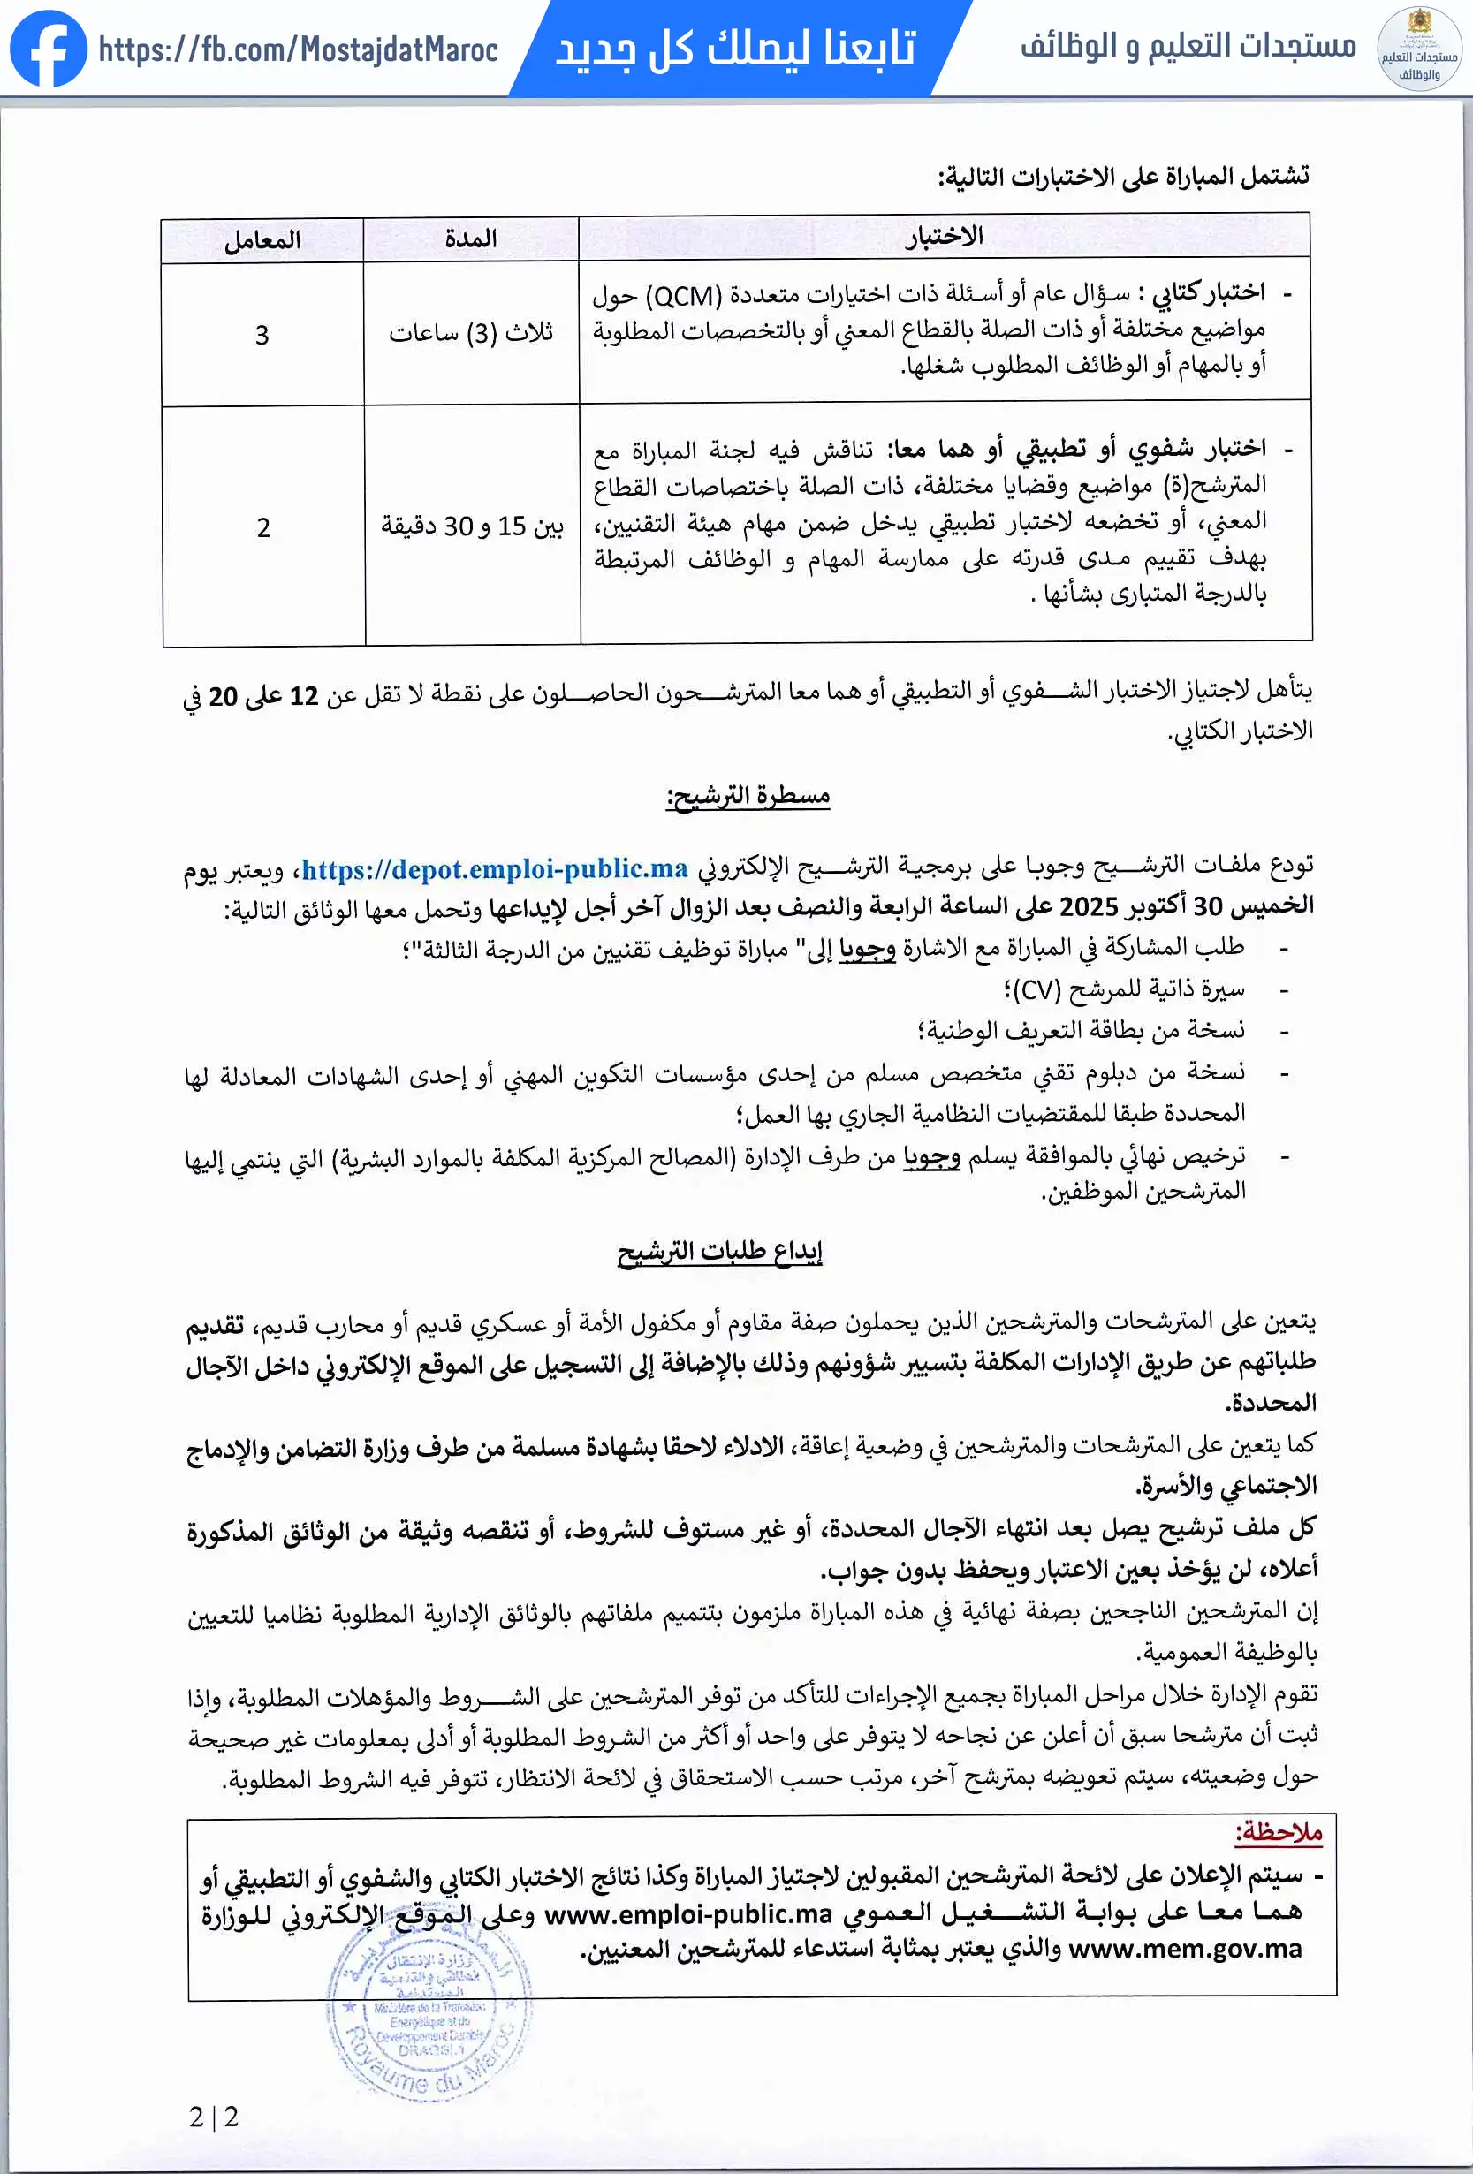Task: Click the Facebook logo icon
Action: pos(49,49)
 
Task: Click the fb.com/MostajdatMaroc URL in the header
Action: pos(298,49)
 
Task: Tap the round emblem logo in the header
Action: pos(1419,49)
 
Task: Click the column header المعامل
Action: pos(262,240)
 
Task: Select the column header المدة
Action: pos(471,239)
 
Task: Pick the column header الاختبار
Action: pos(944,236)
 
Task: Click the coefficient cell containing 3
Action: pos(262,335)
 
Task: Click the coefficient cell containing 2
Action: pos(264,527)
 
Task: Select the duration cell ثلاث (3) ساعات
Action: pos(471,333)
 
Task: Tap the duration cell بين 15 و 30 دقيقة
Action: pos(472,526)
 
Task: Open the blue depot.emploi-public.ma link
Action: pos(494,869)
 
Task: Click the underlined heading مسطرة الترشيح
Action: pos(748,796)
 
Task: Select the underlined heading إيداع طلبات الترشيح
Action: pos(718,1252)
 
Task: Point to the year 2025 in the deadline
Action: pos(1089,906)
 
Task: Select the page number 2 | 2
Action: pos(213,2117)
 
